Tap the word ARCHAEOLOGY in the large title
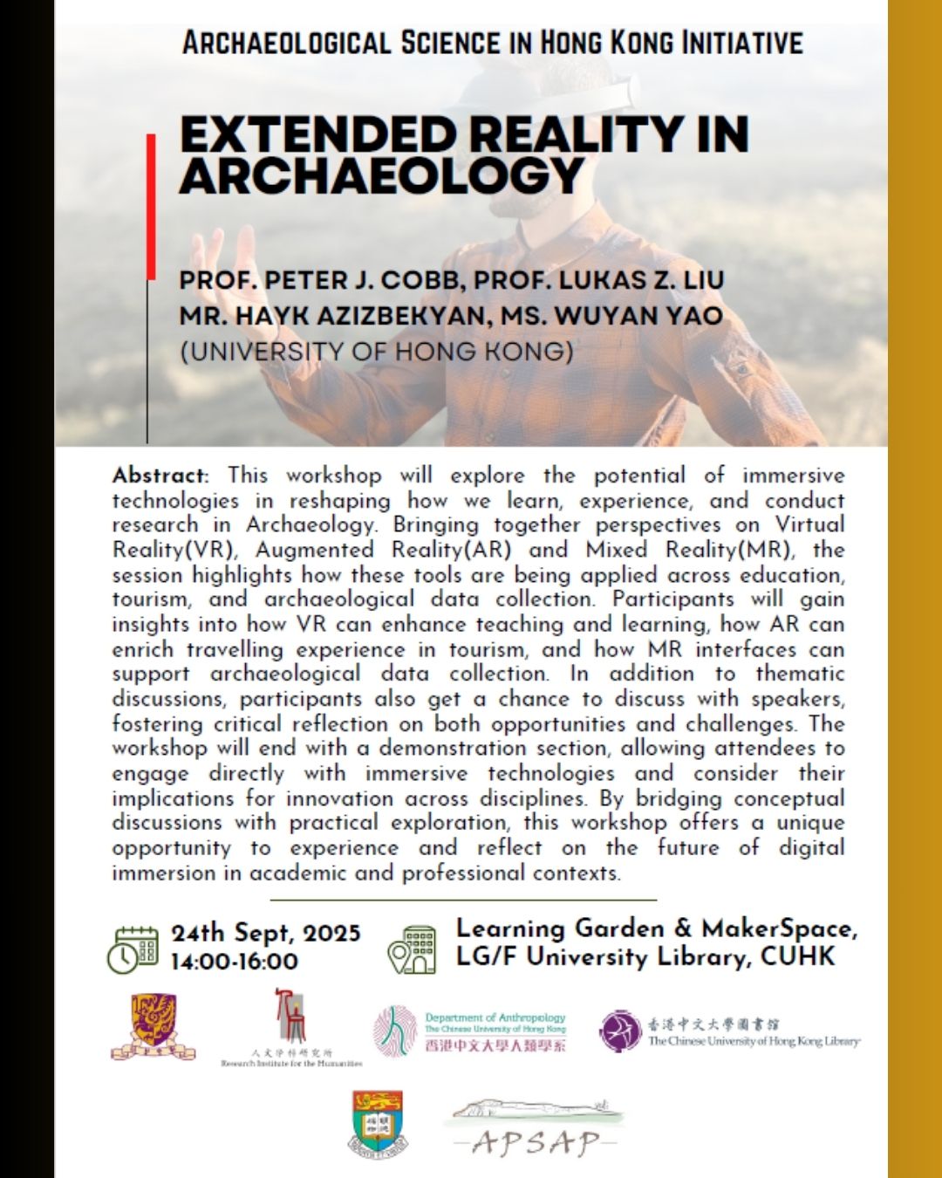[x=381, y=175]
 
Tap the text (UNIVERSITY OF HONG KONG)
[x=376, y=351]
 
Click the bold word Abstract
[x=160, y=476]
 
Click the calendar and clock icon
[x=133, y=949]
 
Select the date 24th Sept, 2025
[x=265, y=933]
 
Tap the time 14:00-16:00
[x=234, y=962]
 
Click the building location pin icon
[x=412, y=949]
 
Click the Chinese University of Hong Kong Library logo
[x=729, y=1031]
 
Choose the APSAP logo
[x=536, y=1128]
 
